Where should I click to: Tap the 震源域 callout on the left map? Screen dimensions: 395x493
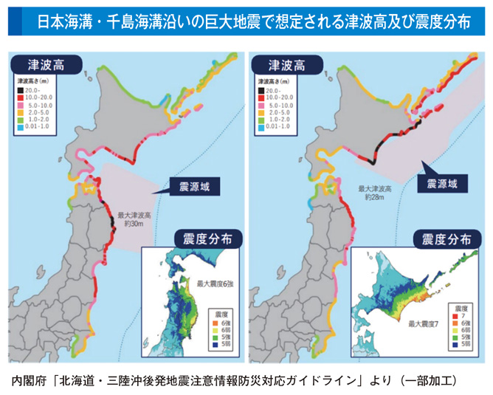click(190, 186)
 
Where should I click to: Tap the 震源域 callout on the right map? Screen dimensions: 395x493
click(441, 182)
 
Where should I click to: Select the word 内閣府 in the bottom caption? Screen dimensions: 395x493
click(30, 381)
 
